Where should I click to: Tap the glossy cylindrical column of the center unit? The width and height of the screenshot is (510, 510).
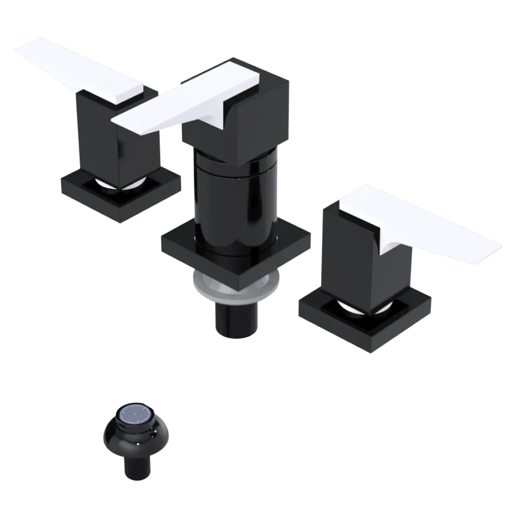(x=235, y=194)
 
